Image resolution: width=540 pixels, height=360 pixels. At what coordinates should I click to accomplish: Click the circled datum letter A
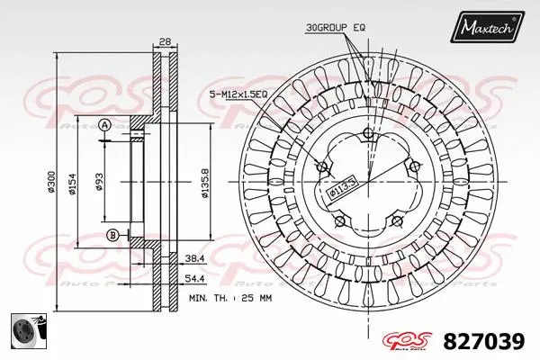click(105, 124)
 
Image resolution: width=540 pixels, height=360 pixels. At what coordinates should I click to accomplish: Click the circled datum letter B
click(112, 236)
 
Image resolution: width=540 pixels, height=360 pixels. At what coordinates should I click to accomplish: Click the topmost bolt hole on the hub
click(368, 136)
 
